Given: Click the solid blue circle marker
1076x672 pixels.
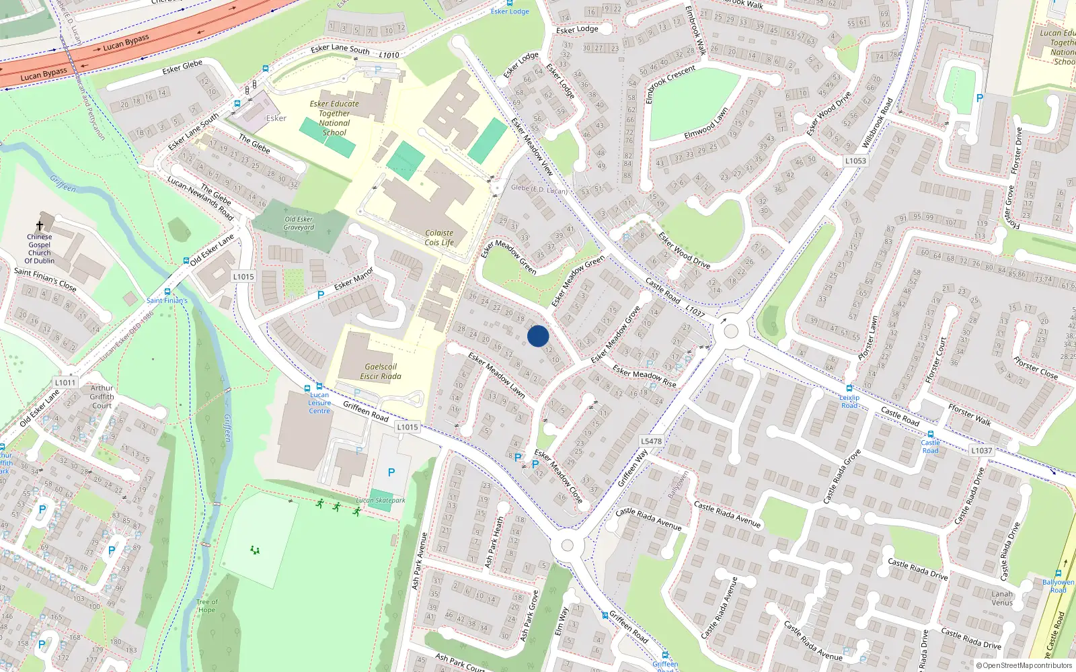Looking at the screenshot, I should click(x=538, y=336).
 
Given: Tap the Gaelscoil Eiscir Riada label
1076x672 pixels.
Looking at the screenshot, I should click(x=381, y=372).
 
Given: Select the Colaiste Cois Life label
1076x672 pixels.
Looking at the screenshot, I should click(x=439, y=238).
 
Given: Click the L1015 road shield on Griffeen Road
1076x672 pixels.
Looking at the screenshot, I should click(x=408, y=427).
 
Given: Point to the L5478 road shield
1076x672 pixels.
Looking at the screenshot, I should click(x=651, y=442).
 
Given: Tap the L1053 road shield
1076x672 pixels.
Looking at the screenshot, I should click(x=855, y=161).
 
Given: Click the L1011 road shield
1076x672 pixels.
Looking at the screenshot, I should click(x=65, y=382).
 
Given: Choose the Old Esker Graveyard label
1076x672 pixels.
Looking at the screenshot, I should click(x=299, y=223).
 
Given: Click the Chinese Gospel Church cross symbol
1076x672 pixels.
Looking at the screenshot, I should click(x=40, y=226).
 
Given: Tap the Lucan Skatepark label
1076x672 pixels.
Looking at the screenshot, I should click(x=381, y=501).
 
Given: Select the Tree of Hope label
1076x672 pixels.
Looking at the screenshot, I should click(x=207, y=606).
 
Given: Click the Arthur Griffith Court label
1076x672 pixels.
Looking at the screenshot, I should click(x=102, y=396).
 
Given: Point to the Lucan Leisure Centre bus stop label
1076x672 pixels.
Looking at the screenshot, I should click(x=319, y=403).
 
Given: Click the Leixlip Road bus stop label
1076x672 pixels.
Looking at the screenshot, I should click(x=849, y=401).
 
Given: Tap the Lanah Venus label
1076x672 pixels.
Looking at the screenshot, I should click(x=1001, y=598).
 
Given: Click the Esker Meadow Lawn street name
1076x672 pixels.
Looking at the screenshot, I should click(x=497, y=375).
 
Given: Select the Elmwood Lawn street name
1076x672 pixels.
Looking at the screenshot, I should click(x=706, y=124).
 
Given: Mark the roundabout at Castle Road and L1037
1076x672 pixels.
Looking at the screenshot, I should click(x=731, y=331).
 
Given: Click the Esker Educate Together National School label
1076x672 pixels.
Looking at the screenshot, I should click(x=334, y=118).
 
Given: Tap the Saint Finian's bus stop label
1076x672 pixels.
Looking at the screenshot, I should click(x=167, y=300).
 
